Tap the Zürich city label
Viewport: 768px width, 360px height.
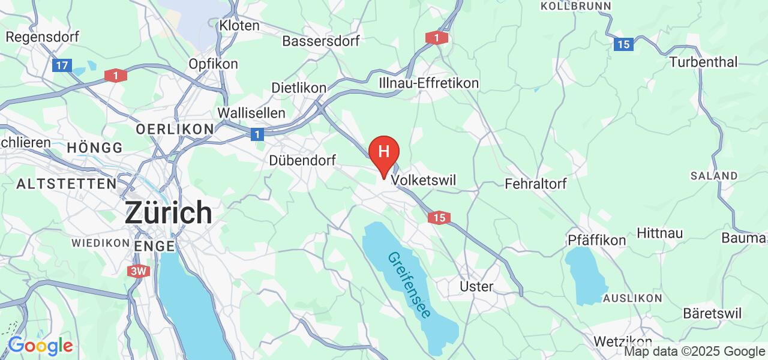168,213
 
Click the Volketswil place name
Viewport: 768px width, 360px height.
424,180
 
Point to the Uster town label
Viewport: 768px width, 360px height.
476,286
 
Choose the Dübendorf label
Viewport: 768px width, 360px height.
302,160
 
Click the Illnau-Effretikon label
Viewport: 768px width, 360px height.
429,83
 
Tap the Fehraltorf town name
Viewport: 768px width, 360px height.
536,184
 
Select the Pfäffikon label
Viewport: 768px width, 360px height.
596,240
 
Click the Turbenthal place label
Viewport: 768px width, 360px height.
703,62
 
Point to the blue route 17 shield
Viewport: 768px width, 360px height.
62,65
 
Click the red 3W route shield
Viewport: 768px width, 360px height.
139,271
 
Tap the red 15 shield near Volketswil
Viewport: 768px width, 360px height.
439,218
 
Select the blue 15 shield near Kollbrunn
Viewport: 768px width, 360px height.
624,44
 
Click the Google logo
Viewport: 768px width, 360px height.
40,346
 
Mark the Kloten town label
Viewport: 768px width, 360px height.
239,26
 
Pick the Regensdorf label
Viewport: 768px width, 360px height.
42,37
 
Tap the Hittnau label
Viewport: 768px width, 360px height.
659,233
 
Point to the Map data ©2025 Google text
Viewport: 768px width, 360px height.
694,352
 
